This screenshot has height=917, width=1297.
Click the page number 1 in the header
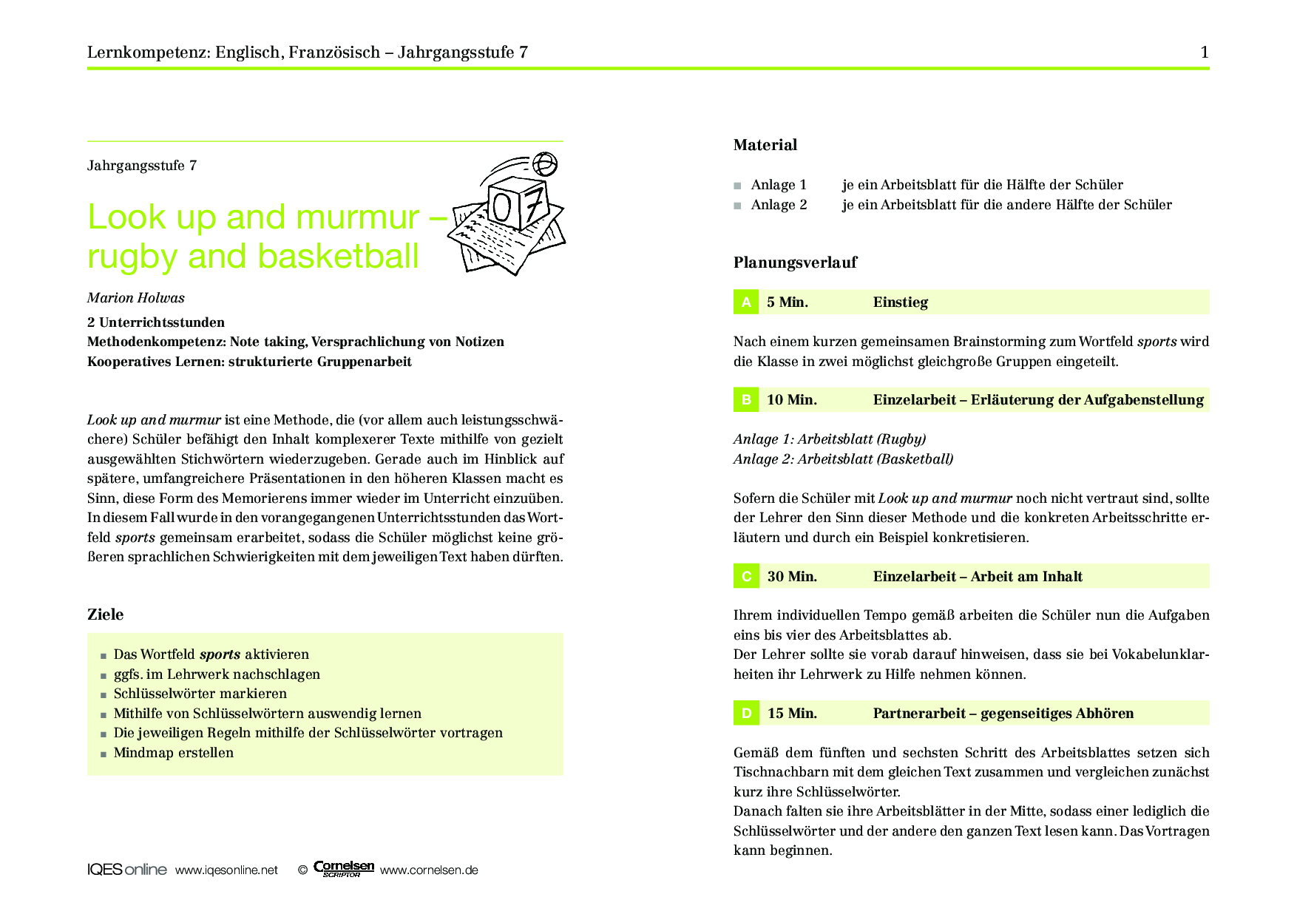click(1205, 52)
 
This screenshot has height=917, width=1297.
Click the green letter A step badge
click(746, 302)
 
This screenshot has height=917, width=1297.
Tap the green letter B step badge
click(746, 399)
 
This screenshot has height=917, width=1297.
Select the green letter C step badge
click(746, 576)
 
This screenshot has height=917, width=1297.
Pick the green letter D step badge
click(746, 713)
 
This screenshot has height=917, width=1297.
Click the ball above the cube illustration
click(545, 163)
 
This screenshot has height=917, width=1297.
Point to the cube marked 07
click(518, 203)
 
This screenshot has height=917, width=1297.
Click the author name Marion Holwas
click(136, 298)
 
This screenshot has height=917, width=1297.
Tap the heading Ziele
click(106, 615)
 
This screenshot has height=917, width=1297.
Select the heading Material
click(765, 145)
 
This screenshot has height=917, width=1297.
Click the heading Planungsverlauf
click(795, 263)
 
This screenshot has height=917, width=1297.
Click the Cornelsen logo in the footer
click(343, 868)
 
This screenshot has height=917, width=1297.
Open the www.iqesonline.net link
click(226, 870)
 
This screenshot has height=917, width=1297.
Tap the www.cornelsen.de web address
click(429, 870)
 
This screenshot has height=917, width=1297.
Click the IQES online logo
click(126, 870)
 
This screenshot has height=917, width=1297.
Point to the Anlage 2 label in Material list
click(779, 205)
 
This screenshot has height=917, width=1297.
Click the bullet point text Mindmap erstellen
click(174, 753)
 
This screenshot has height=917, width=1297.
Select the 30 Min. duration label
click(792, 577)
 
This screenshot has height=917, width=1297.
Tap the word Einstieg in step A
click(900, 302)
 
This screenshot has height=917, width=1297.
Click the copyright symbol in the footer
click(302, 870)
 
